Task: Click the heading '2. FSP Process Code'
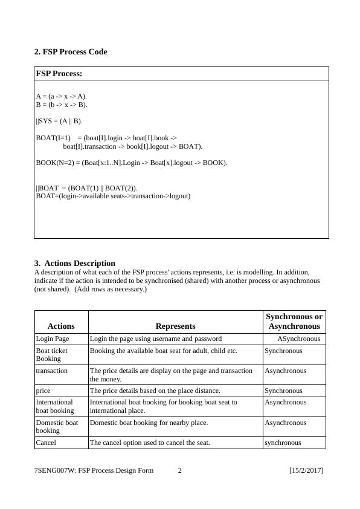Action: pyautogui.click(x=71, y=52)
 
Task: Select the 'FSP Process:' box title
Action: pyautogui.click(x=59, y=74)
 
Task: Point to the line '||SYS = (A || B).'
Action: pyautogui.click(x=59, y=121)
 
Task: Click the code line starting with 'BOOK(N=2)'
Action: pyautogui.click(x=132, y=163)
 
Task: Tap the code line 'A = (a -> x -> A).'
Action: pyautogui.click(x=62, y=96)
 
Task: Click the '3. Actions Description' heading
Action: pyautogui.click(x=75, y=263)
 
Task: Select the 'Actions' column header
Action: pyautogui.click(x=61, y=326)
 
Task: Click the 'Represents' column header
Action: pyautogui.click(x=175, y=326)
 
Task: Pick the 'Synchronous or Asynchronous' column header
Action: pyautogui.click(x=294, y=322)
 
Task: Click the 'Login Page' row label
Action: pyautogui.click(x=53, y=339)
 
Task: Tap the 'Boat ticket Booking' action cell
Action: pyautogui.click(x=52, y=354)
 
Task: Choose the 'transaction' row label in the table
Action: pyautogui.click(x=52, y=371)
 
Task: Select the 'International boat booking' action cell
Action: pyautogui.click(x=55, y=406)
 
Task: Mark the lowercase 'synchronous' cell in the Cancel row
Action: pyautogui.click(x=283, y=443)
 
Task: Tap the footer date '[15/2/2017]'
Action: pyautogui.click(x=306, y=470)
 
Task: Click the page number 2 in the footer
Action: pyautogui.click(x=179, y=470)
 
